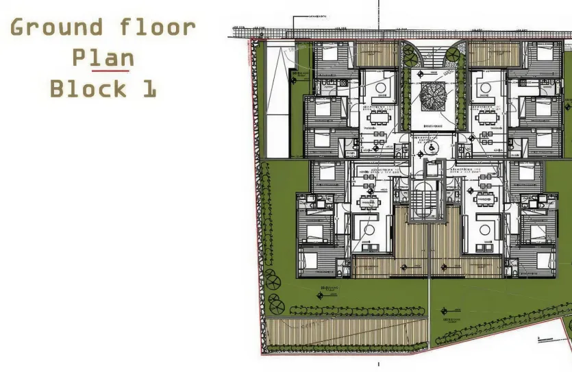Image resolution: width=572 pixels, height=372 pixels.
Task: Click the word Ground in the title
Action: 56,28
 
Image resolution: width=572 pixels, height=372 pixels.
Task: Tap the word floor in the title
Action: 158,28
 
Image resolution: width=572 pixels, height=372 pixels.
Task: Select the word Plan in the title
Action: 102,58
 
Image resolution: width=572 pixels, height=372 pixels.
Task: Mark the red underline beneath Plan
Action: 112,70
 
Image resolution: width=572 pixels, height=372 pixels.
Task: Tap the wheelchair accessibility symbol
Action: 432,147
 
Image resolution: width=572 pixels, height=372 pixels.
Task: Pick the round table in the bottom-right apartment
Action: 487,225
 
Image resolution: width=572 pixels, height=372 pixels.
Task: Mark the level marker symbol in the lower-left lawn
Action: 321,295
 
